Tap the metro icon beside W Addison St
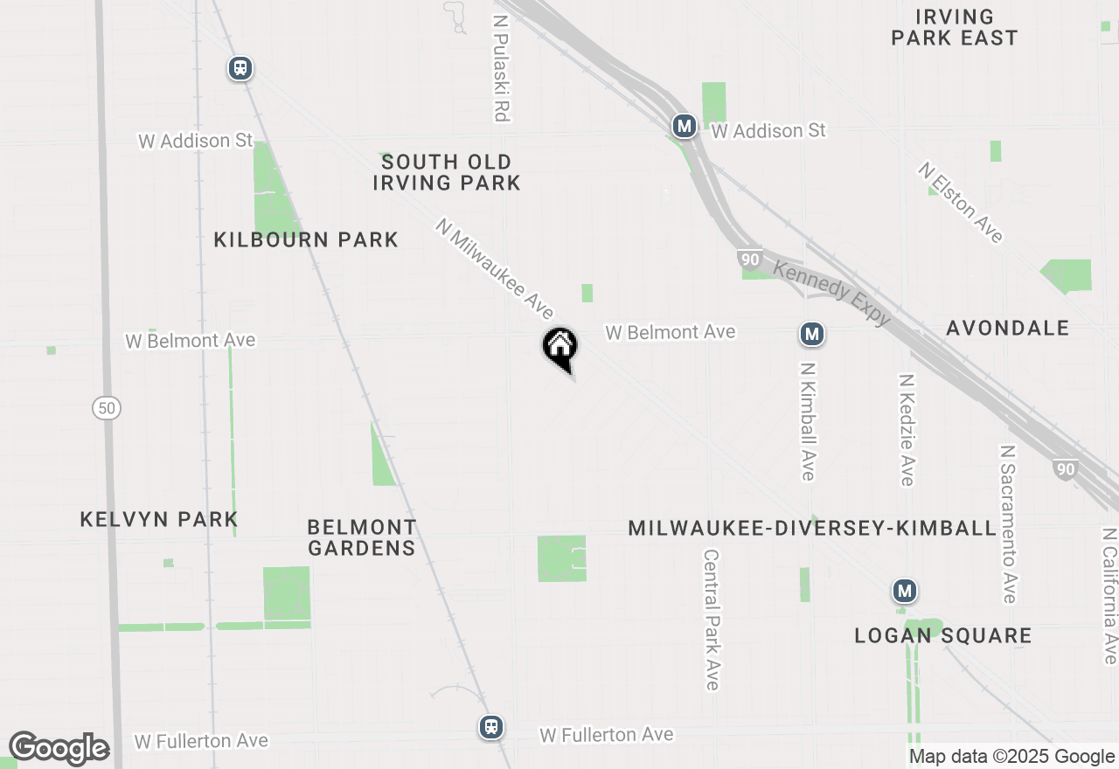tap(685, 127)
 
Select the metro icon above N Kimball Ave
tap(812, 333)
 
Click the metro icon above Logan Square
tap(905, 592)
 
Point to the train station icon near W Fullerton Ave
tap(491, 726)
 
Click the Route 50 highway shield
tap(107, 407)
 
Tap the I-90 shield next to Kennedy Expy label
tap(749, 260)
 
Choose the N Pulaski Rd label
tap(501, 67)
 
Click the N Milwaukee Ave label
tap(495, 269)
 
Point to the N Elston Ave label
tap(960, 203)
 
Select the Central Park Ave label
tap(712, 620)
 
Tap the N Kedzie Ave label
tap(906, 430)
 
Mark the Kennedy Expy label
tap(831, 294)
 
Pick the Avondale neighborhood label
tap(1008, 328)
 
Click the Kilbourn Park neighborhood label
tap(306, 239)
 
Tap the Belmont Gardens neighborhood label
tap(362, 537)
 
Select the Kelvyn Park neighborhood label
tap(159, 519)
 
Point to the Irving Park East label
tap(955, 27)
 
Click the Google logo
tap(59, 749)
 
